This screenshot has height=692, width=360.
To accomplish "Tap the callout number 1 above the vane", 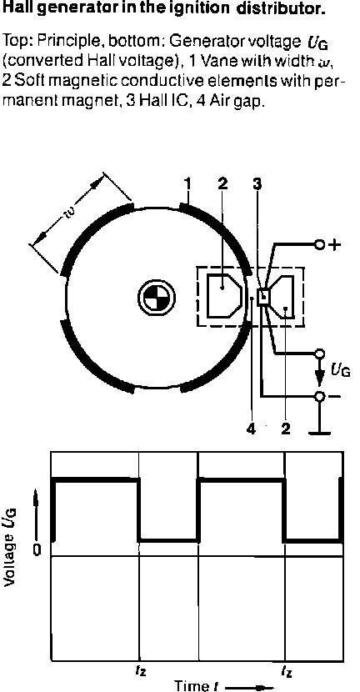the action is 188,185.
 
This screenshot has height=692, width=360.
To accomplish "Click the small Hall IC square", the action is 263,296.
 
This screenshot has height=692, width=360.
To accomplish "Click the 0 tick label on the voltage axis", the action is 37,550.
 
